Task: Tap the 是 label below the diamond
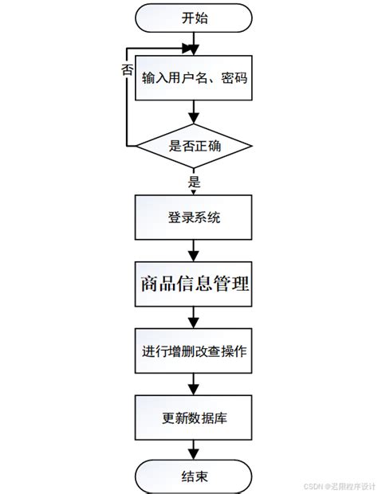click(194, 182)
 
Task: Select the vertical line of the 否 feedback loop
click(126, 104)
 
